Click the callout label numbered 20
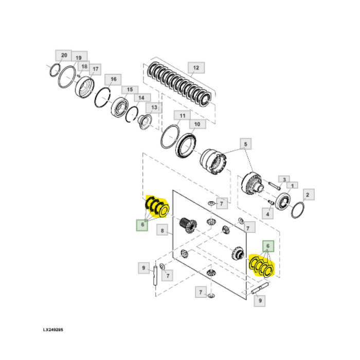[63, 55]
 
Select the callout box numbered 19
[79, 58]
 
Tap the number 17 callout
[95, 68]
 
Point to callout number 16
[113, 79]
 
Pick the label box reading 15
[130, 89]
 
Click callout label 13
[153, 107]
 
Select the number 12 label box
[195, 68]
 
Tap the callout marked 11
[182, 115]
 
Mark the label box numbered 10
[196, 124]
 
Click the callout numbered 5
[245, 144]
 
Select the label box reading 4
[268, 212]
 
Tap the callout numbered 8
[162, 231]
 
